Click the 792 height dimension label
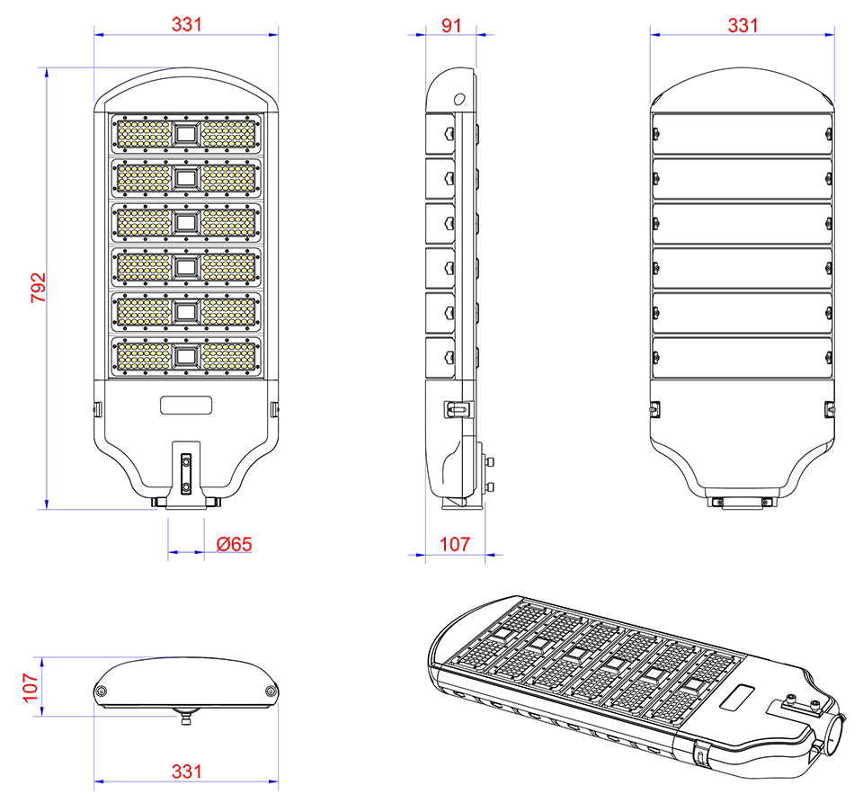point(38,288)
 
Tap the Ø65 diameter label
point(234,544)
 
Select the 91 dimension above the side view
point(450,25)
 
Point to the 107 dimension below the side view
point(455,544)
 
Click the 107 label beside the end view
point(31,687)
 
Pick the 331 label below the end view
point(187,772)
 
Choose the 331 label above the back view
point(743,25)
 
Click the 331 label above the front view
point(187,24)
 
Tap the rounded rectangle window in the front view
point(186,405)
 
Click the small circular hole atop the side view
point(459,99)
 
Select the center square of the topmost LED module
point(186,134)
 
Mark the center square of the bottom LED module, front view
point(186,357)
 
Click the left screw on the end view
point(101,691)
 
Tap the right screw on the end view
point(271,691)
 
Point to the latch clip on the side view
point(458,409)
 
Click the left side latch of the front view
point(97,410)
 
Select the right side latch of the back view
point(829,410)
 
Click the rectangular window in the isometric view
point(736,697)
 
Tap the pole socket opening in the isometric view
point(834,730)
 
